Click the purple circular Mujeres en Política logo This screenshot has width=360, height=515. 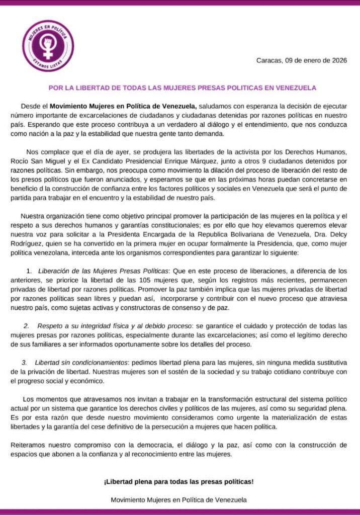(x=48, y=46)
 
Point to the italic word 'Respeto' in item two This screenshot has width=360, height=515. (x=50, y=326)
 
